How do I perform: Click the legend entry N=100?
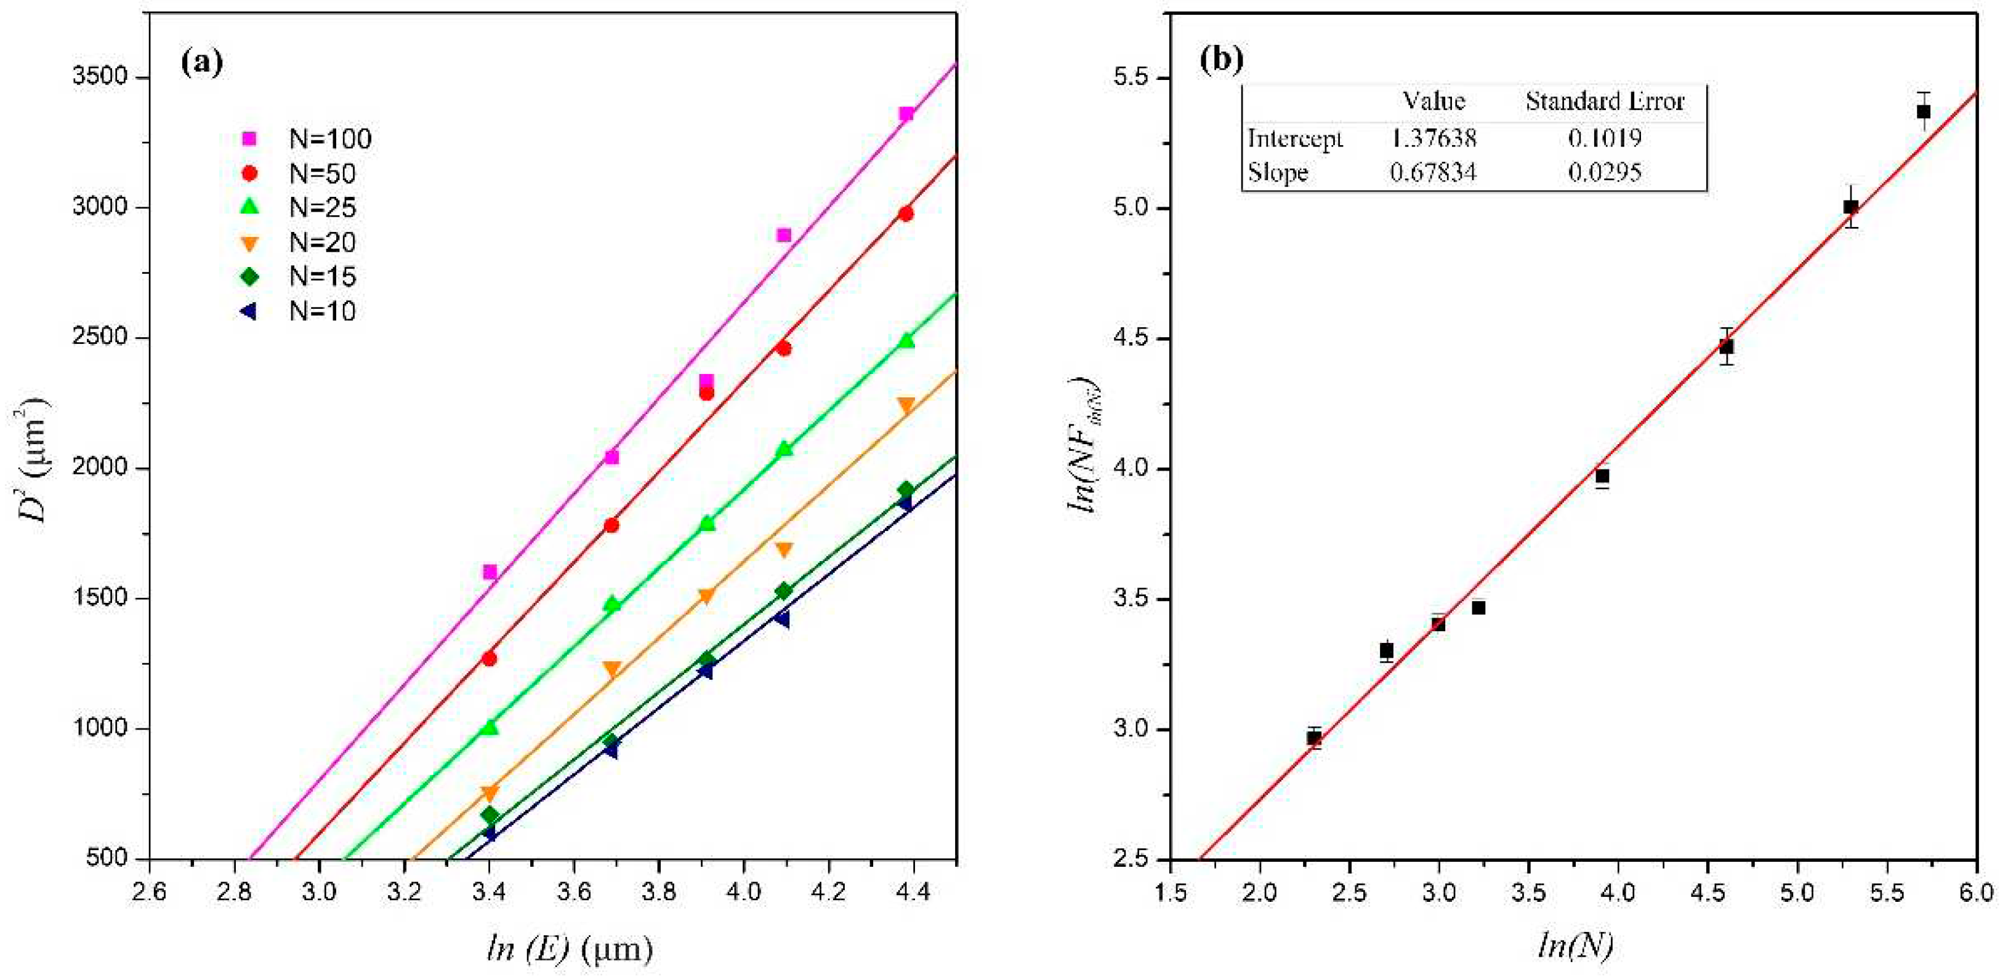[307, 139]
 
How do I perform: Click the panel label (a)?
[201, 62]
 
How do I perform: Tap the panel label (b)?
[1221, 59]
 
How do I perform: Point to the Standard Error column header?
[1605, 102]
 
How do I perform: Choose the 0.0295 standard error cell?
[1605, 172]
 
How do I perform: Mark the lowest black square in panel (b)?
[1313, 738]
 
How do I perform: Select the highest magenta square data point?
[906, 114]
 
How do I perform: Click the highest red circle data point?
[905, 213]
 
